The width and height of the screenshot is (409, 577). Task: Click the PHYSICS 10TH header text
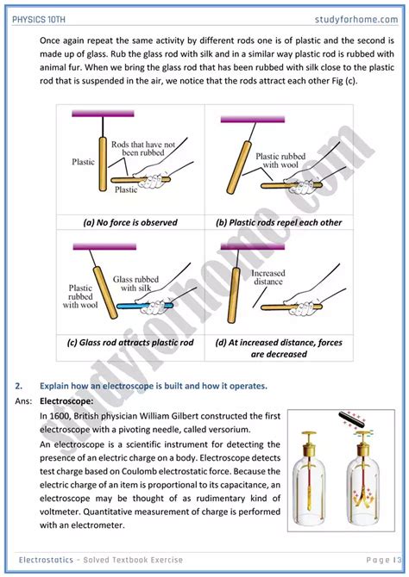click(39, 20)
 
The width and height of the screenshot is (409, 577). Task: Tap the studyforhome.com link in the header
click(356, 20)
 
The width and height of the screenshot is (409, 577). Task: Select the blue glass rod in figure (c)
click(144, 306)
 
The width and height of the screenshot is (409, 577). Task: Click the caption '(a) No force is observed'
click(130, 222)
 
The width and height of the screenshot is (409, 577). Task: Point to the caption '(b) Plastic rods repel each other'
click(279, 222)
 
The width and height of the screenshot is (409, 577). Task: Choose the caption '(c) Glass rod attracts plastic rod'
click(130, 343)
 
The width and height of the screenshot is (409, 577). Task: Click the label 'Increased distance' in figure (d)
click(268, 277)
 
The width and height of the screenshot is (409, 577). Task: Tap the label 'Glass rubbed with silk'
click(135, 283)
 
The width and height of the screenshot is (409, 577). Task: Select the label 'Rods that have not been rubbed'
click(143, 148)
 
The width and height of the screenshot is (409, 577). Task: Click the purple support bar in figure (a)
click(103, 114)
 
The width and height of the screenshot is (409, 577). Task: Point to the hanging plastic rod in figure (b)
click(238, 167)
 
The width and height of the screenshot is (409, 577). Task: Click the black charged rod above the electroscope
click(351, 419)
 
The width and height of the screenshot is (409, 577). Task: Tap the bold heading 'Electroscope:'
click(66, 401)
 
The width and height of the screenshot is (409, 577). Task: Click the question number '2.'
click(19, 386)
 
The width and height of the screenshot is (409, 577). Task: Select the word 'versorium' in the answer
click(232, 430)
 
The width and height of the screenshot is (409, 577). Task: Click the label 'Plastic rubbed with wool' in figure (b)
click(280, 160)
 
